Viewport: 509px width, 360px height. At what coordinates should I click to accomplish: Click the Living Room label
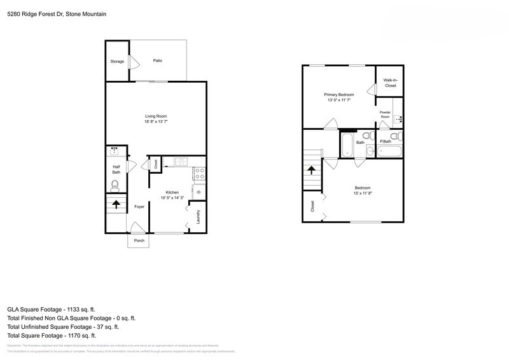pos(156,116)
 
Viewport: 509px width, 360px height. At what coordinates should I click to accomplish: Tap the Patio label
pos(157,61)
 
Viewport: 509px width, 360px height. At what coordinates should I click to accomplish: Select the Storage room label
pos(117,62)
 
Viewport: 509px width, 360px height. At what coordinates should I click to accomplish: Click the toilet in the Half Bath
pos(115,186)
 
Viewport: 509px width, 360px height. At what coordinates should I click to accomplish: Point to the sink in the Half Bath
pos(115,151)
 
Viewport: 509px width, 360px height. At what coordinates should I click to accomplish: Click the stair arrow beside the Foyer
pos(116,205)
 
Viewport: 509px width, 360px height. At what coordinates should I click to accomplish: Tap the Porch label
pos(139,240)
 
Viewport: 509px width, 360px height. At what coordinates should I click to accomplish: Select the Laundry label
pos(199,217)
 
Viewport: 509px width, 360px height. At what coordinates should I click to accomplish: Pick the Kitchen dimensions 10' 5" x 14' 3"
pos(172,198)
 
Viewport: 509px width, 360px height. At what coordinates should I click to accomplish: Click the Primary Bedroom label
pos(339,94)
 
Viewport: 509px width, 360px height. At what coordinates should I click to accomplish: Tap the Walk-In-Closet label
pos(389,83)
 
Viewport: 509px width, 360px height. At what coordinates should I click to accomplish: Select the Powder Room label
pos(386,115)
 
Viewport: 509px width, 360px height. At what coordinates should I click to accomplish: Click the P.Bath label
pos(385,142)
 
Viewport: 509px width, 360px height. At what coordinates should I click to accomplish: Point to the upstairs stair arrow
pos(312,170)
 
